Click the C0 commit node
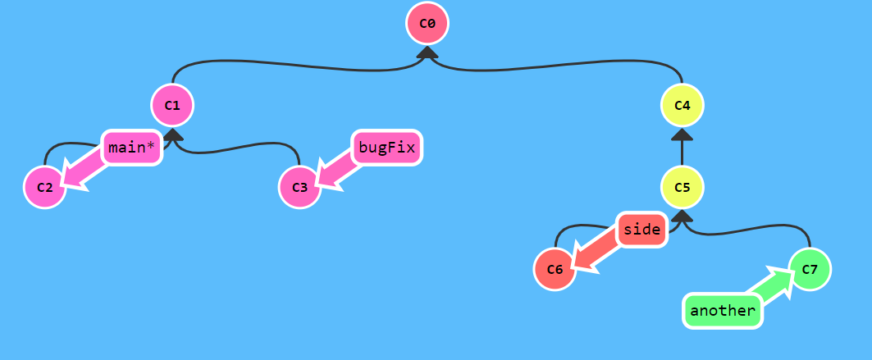pos(427,23)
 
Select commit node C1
pos(172,105)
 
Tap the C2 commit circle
pos(45,188)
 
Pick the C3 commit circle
pos(299,188)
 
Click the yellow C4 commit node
pos(683,105)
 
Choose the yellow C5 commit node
pos(683,187)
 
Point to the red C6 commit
pos(555,270)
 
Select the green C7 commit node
pos(810,269)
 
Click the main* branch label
pos(131,148)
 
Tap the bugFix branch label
pos(387,148)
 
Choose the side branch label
pos(641,230)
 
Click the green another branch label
pos(722,311)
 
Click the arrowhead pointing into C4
pos(683,135)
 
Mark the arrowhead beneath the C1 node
pos(172,134)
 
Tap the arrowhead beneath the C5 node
pos(683,216)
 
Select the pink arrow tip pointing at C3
pos(326,181)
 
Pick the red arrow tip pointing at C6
pos(581,261)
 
